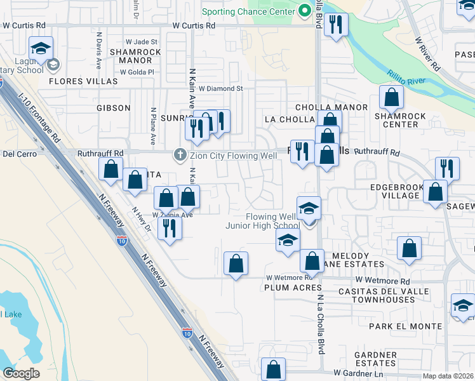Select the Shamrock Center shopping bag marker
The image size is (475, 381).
click(391, 98)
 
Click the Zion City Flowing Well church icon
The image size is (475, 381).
click(180, 154)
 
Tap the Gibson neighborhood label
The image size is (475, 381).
click(114, 108)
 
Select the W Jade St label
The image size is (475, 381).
click(141, 41)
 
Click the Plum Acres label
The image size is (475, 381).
click(288, 288)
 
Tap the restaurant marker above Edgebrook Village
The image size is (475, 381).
click(447, 168)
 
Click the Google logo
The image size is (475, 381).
click(21, 373)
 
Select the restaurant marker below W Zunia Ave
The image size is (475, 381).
click(169, 228)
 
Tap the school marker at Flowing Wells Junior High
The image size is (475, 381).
click(309, 208)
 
